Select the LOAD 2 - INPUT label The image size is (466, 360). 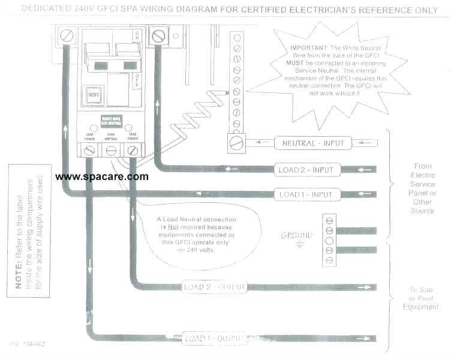click(x=305, y=170)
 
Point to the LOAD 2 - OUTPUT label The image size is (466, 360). click(x=214, y=287)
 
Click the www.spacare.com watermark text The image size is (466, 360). click(x=101, y=177)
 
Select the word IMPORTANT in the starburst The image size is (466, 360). click(x=308, y=47)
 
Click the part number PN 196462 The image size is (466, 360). click(x=27, y=344)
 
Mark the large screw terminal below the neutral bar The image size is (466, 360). click(x=236, y=143)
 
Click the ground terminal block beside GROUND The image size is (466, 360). click(x=329, y=239)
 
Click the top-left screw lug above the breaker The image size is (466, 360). click(x=66, y=36)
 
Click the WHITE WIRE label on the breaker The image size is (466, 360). click(x=110, y=118)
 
